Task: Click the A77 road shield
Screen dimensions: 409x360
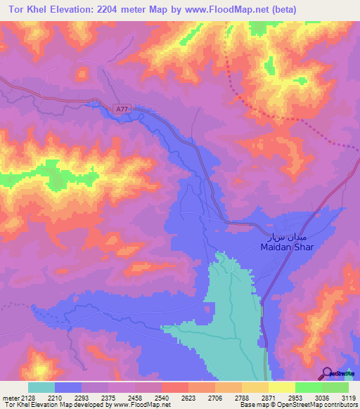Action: click(122, 108)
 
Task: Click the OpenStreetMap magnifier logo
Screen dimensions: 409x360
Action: click(328, 372)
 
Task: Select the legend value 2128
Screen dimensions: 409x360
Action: click(28, 397)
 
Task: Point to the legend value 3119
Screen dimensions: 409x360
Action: click(347, 397)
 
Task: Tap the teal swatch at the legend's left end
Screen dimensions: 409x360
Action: click(41, 387)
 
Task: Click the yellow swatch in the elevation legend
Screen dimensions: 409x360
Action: click(281, 387)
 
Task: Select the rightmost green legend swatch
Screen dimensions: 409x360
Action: click(335, 387)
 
